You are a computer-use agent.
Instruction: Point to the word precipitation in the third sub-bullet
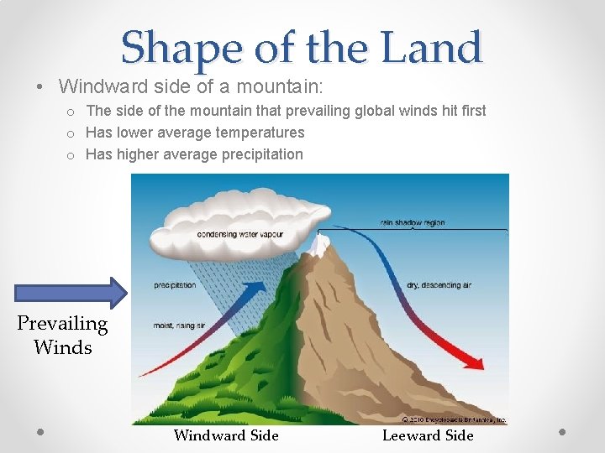(x=259, y=154)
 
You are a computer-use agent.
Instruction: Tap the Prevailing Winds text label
(x=63, y=335)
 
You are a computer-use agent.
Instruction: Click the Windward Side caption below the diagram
(x=226, y=435)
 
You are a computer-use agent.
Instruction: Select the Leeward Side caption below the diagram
(x=428, y=435)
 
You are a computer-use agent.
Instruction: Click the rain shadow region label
(x=413, y=223)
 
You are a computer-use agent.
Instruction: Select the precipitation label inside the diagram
(x=175, y=285)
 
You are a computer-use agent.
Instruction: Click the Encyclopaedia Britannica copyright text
(x=454, y=419)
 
